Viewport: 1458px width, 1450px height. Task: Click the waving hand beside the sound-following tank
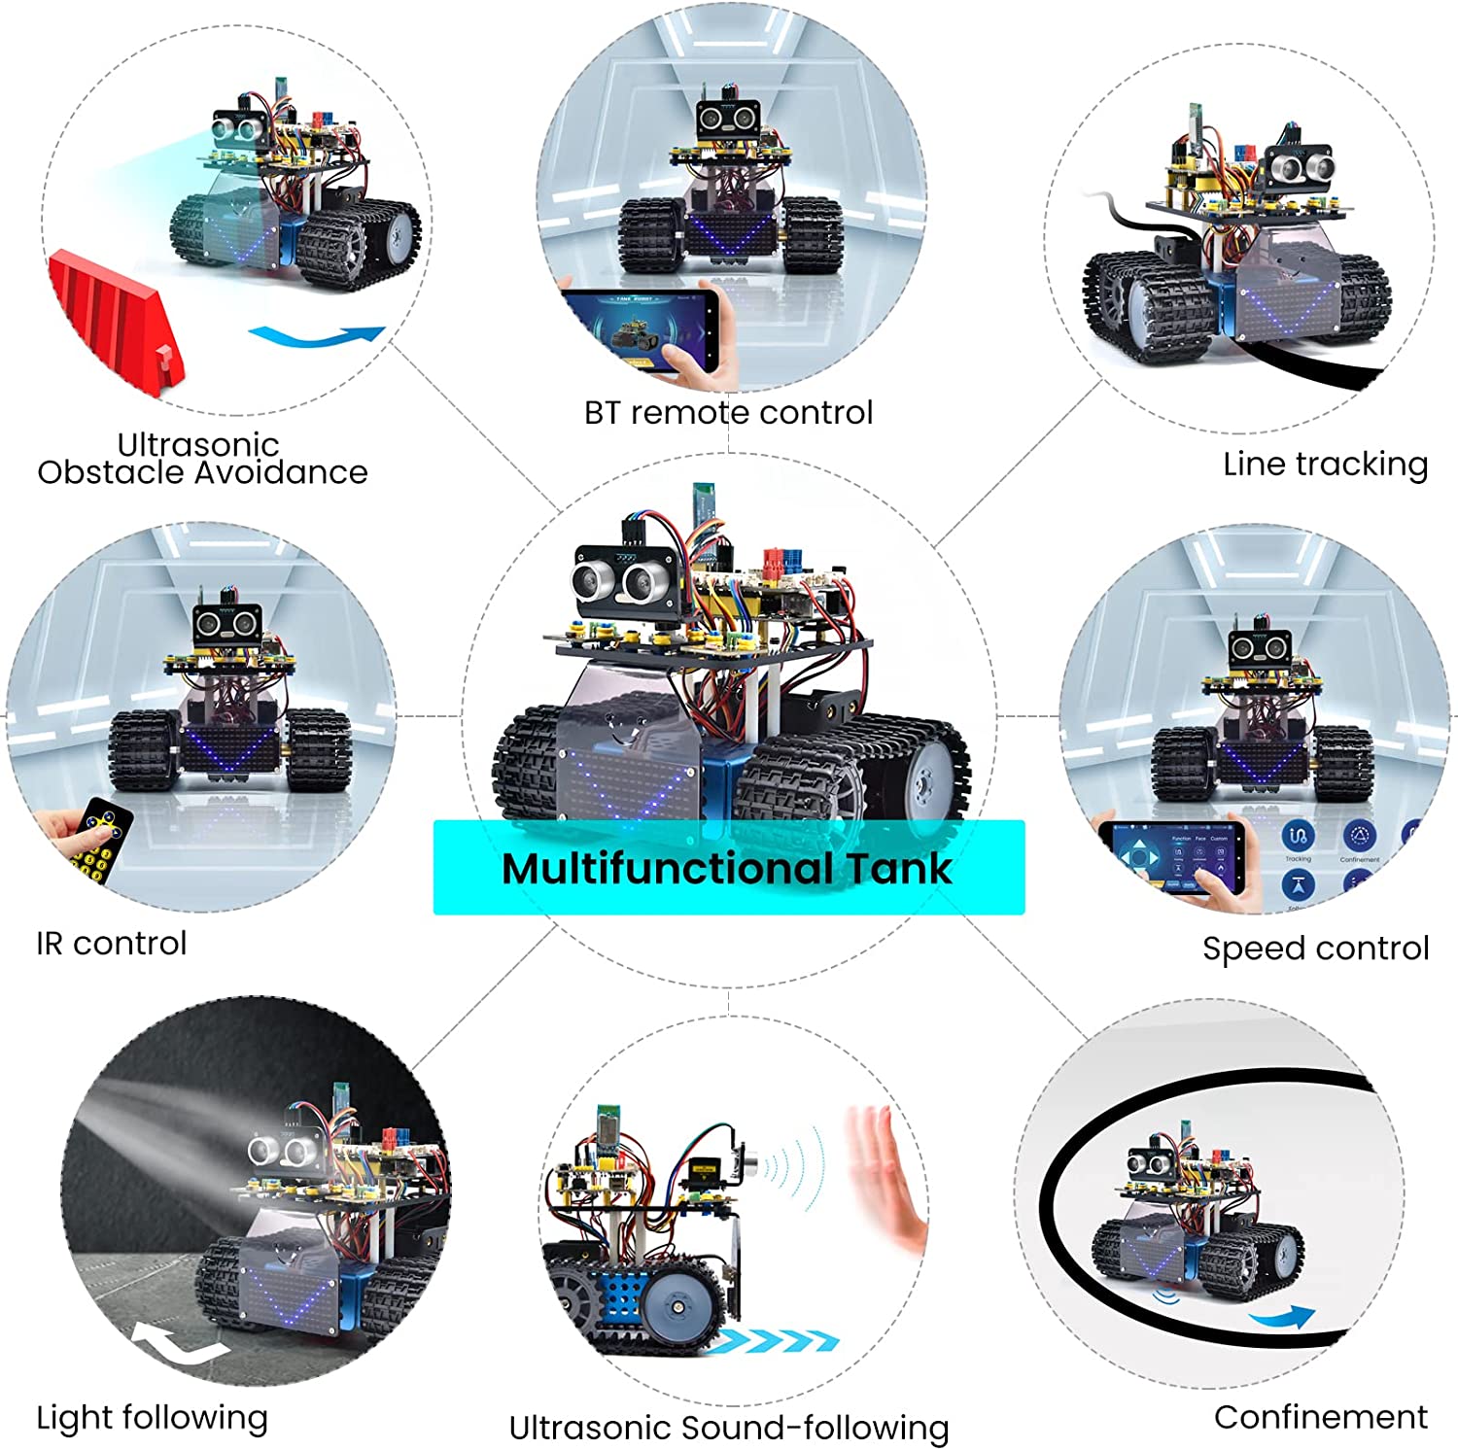tap(885, 1177)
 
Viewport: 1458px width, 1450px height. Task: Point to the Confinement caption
tap(1320, 1416)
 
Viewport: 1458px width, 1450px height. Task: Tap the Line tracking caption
tap(1325, 465)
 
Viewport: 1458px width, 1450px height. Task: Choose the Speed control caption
tap(1315, 948)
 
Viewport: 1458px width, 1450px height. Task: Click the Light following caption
tap(152, 1418)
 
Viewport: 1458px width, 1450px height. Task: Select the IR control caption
tap(111, 943)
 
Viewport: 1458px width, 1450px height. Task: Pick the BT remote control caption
tap(728, 412)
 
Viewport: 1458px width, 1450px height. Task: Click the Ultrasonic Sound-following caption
tap(729, 1428)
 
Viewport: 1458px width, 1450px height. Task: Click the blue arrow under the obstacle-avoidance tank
tap(317, 337)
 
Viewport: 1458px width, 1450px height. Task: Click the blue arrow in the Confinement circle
tap(1283, 1318)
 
